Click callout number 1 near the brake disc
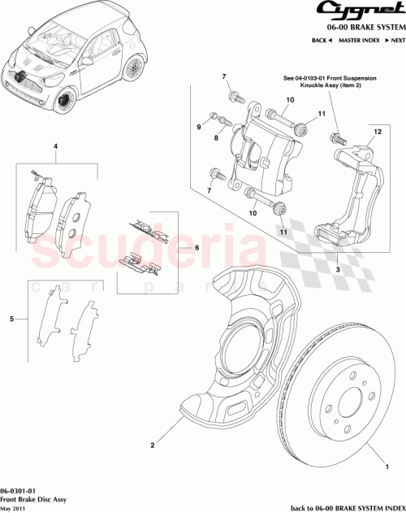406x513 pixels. pos(387,467)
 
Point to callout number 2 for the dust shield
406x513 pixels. pos(151,446)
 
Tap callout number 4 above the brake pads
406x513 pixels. pos(55,148)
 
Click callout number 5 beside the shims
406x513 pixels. pos(11,320)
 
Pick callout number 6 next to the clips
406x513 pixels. pos(184,248)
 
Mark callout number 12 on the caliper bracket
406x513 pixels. pos(376,131)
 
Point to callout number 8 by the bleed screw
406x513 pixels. pos(216,138)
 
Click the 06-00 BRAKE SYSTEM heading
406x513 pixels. pos(361,27)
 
